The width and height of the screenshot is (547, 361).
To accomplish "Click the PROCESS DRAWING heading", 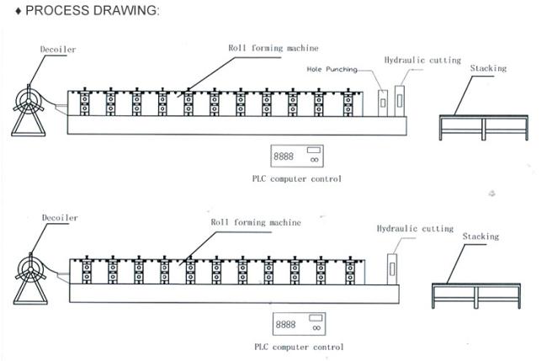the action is click(92, 10).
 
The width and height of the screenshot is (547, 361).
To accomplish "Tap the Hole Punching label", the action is click(332, 69).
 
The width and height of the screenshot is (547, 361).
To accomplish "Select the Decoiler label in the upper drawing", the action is click(58, 49).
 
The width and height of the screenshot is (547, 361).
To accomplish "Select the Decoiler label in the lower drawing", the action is click(60, 218).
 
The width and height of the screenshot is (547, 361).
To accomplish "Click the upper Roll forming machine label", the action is click(273, 48).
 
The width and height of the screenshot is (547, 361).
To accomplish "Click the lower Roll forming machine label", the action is click(256, 222).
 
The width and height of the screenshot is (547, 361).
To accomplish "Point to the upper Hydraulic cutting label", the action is click(422, 60).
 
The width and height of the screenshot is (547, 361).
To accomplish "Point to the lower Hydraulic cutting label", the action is click(415, 228).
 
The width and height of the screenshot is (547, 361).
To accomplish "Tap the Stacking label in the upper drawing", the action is click(488, 68).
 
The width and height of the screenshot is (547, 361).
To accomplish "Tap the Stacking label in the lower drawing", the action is click(481, 236).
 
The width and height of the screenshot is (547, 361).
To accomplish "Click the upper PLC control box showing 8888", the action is click(297, 156).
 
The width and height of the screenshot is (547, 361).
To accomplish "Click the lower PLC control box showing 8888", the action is click(299, 324).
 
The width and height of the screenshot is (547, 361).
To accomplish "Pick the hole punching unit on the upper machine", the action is click(383, 103).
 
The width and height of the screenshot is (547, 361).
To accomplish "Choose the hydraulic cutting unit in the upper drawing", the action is click(400, 101).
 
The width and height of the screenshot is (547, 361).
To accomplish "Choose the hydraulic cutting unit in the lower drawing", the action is click(392, 269).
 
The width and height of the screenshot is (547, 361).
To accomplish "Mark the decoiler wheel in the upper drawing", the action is click(29, 102).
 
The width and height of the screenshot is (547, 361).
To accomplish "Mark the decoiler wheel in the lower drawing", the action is click(30, 270).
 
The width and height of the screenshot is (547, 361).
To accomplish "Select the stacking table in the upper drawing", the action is click(484, 128).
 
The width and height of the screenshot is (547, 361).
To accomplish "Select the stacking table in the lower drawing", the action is click(476, 295).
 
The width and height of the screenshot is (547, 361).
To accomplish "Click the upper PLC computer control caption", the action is click(297, 179).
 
